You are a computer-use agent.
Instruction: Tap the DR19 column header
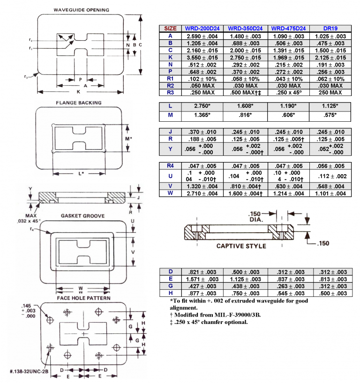(330, 28)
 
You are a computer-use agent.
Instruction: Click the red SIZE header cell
(170, 28)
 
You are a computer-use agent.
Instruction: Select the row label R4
(170, 166)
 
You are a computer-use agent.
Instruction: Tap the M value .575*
(330, 115)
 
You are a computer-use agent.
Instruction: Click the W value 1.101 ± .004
(330, 193)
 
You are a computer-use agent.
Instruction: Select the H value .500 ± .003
(330, 293)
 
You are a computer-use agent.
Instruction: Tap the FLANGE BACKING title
(78, 103)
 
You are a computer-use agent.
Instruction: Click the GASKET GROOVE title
(82, 216)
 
